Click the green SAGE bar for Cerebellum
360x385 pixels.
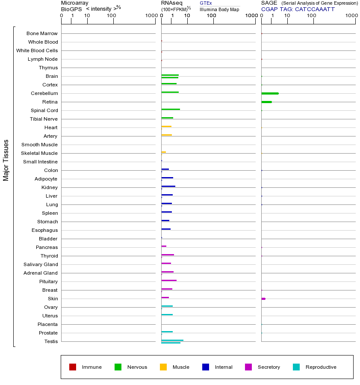tap(270, 93)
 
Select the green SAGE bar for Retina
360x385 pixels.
tap(266, 102)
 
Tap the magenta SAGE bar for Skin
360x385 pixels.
tap(263, 299)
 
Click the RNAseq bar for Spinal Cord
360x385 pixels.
tap(171, 109)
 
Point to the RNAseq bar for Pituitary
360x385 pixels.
tap(169, 280)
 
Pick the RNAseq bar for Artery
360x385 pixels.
tap(166, 135)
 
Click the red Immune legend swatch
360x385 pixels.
tap(73, 367)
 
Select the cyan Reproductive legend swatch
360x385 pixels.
tap(296, 367)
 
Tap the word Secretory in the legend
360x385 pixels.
tap(269, 367)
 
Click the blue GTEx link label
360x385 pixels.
tap(206, 3)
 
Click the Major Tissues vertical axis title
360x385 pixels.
tap(6, 160)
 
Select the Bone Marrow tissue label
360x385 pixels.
tap(42, 33)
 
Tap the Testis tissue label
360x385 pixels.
tap(51, 341)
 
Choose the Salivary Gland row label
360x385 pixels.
tap(41, 264)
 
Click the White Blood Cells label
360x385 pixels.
tap(37, 50)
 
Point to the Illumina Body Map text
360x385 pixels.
tap(219, 9)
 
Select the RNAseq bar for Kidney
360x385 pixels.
tap(168, 186)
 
